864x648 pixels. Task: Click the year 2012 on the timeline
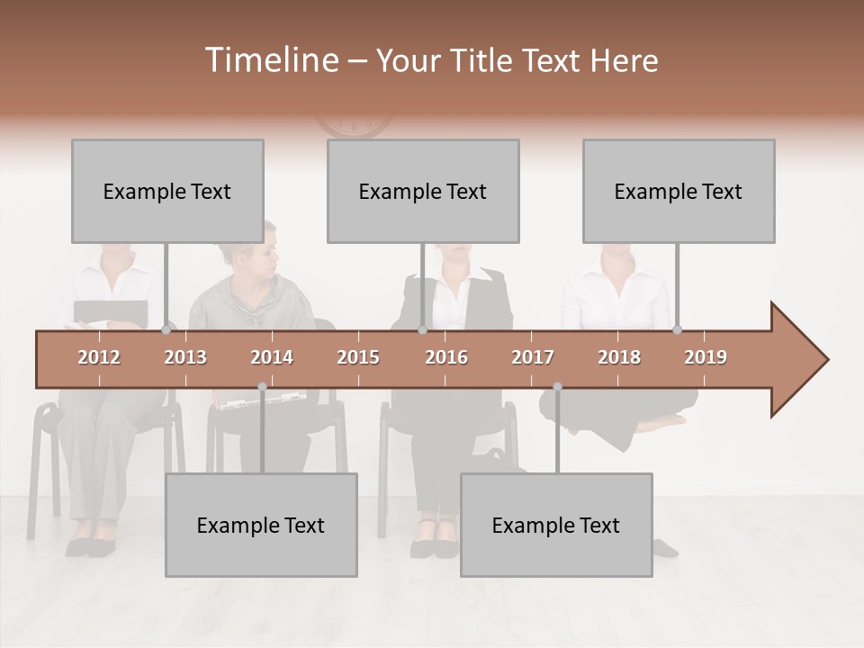[99, 357]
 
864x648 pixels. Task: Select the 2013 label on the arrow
[185, 357]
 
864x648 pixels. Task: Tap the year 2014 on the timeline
[272, 357]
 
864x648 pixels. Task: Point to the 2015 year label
[358, 357]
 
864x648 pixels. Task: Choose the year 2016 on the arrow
[446, 357]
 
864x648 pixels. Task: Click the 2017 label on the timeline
[533, 357]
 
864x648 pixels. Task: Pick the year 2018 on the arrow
[619, 357]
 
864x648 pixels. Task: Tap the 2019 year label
[706, 357]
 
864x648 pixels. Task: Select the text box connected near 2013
[167, 191]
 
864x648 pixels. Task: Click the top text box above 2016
[423, 191]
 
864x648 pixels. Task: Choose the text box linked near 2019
[679, 191]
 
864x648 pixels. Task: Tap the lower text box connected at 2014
[261, 525]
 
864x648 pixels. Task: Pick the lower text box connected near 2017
[556, 525]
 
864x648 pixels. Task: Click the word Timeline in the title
[270, 60]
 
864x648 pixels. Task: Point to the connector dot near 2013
[166, 329]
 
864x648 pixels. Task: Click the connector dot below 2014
[262, 387]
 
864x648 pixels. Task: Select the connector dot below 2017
[557, 387]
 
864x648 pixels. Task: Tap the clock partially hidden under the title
[355, 126]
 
